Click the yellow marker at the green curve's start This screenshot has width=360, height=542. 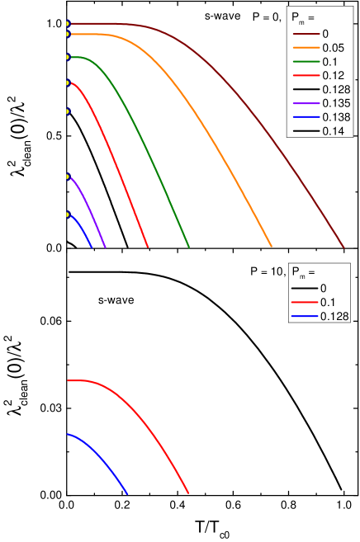(x=69, y=57)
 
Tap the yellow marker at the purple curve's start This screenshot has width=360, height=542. (x=69, y=177)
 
